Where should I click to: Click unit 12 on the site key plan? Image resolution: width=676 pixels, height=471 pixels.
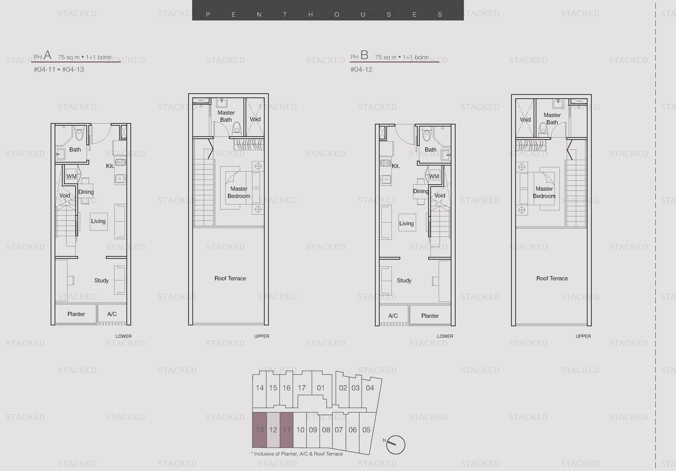coord(273,430)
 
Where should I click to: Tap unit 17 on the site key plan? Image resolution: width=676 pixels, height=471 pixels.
coord(302,388)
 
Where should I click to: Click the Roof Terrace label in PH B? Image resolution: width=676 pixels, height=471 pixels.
coord(552,278)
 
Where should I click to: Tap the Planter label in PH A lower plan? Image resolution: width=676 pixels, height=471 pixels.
coord(76,314)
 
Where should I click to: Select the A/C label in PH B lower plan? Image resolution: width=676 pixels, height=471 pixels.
coord(393,316)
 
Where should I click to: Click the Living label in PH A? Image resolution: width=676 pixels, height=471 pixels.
coord(98,221)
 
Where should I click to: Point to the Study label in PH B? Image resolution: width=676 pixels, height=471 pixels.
coord(404,280)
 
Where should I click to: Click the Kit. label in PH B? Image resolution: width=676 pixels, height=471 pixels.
coord(396,166)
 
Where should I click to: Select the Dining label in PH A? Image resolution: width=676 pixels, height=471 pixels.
coord(86,192)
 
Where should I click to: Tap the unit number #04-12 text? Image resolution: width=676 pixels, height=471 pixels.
coord(361,70)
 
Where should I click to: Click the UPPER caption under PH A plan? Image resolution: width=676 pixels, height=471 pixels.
coord(262,336)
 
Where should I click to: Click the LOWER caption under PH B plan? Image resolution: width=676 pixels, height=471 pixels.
coord(445,336)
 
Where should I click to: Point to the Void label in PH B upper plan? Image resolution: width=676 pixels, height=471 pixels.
coord(525,119)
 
